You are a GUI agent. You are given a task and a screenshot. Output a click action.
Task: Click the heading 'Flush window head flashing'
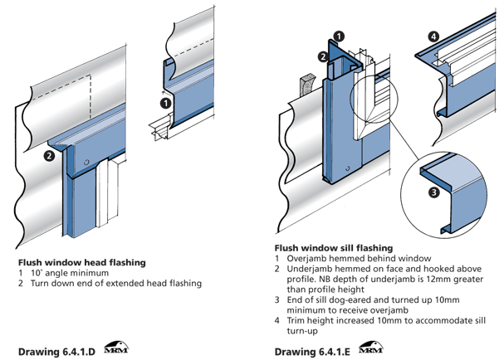pyautogui.click(x=81, y=262)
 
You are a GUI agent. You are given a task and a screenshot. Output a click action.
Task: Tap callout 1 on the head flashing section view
pyautogui.click(x=165, y=104)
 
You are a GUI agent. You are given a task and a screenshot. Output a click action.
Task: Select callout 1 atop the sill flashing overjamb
pyautogui.click(x=338, y=37)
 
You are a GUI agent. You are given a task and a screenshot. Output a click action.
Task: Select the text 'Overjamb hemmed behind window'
pyautogui.click(x=348, y=259)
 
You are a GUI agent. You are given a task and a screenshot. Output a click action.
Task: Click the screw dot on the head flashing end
pyautogui.click(x=86, y=161)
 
